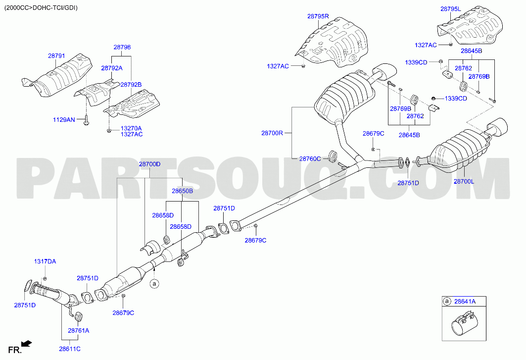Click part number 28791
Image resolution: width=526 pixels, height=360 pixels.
pos(56,56)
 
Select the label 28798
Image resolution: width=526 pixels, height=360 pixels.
pos(122,48)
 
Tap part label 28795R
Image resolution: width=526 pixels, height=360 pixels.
pos(318,16)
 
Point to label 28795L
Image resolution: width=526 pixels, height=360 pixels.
pos(450,9)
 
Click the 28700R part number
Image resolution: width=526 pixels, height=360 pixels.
pos(272,133)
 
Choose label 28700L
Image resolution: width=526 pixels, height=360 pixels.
pos(464,181)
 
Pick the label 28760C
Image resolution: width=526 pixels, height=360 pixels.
pos(310,158)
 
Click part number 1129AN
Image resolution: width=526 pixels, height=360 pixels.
pos(64,119)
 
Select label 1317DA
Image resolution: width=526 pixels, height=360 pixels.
pos(45,261)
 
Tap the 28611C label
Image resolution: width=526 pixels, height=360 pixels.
pos(70,349)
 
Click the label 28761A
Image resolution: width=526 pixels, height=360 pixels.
pos(79,330)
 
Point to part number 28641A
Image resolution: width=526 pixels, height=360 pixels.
pos(465,301)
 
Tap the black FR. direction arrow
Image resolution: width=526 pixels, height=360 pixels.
pos(27,343)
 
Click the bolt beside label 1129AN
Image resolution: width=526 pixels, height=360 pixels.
pos(86,120)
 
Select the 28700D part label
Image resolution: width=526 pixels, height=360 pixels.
pos(149,164)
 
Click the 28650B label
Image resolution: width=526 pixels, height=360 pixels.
pos(182,191)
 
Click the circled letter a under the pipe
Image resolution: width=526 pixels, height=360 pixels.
pos(154,284)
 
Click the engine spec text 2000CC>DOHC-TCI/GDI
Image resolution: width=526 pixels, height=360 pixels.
pos(41,7)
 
